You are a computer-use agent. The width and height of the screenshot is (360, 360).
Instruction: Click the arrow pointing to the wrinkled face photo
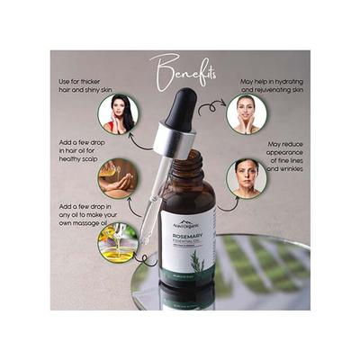tap(224, 202)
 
